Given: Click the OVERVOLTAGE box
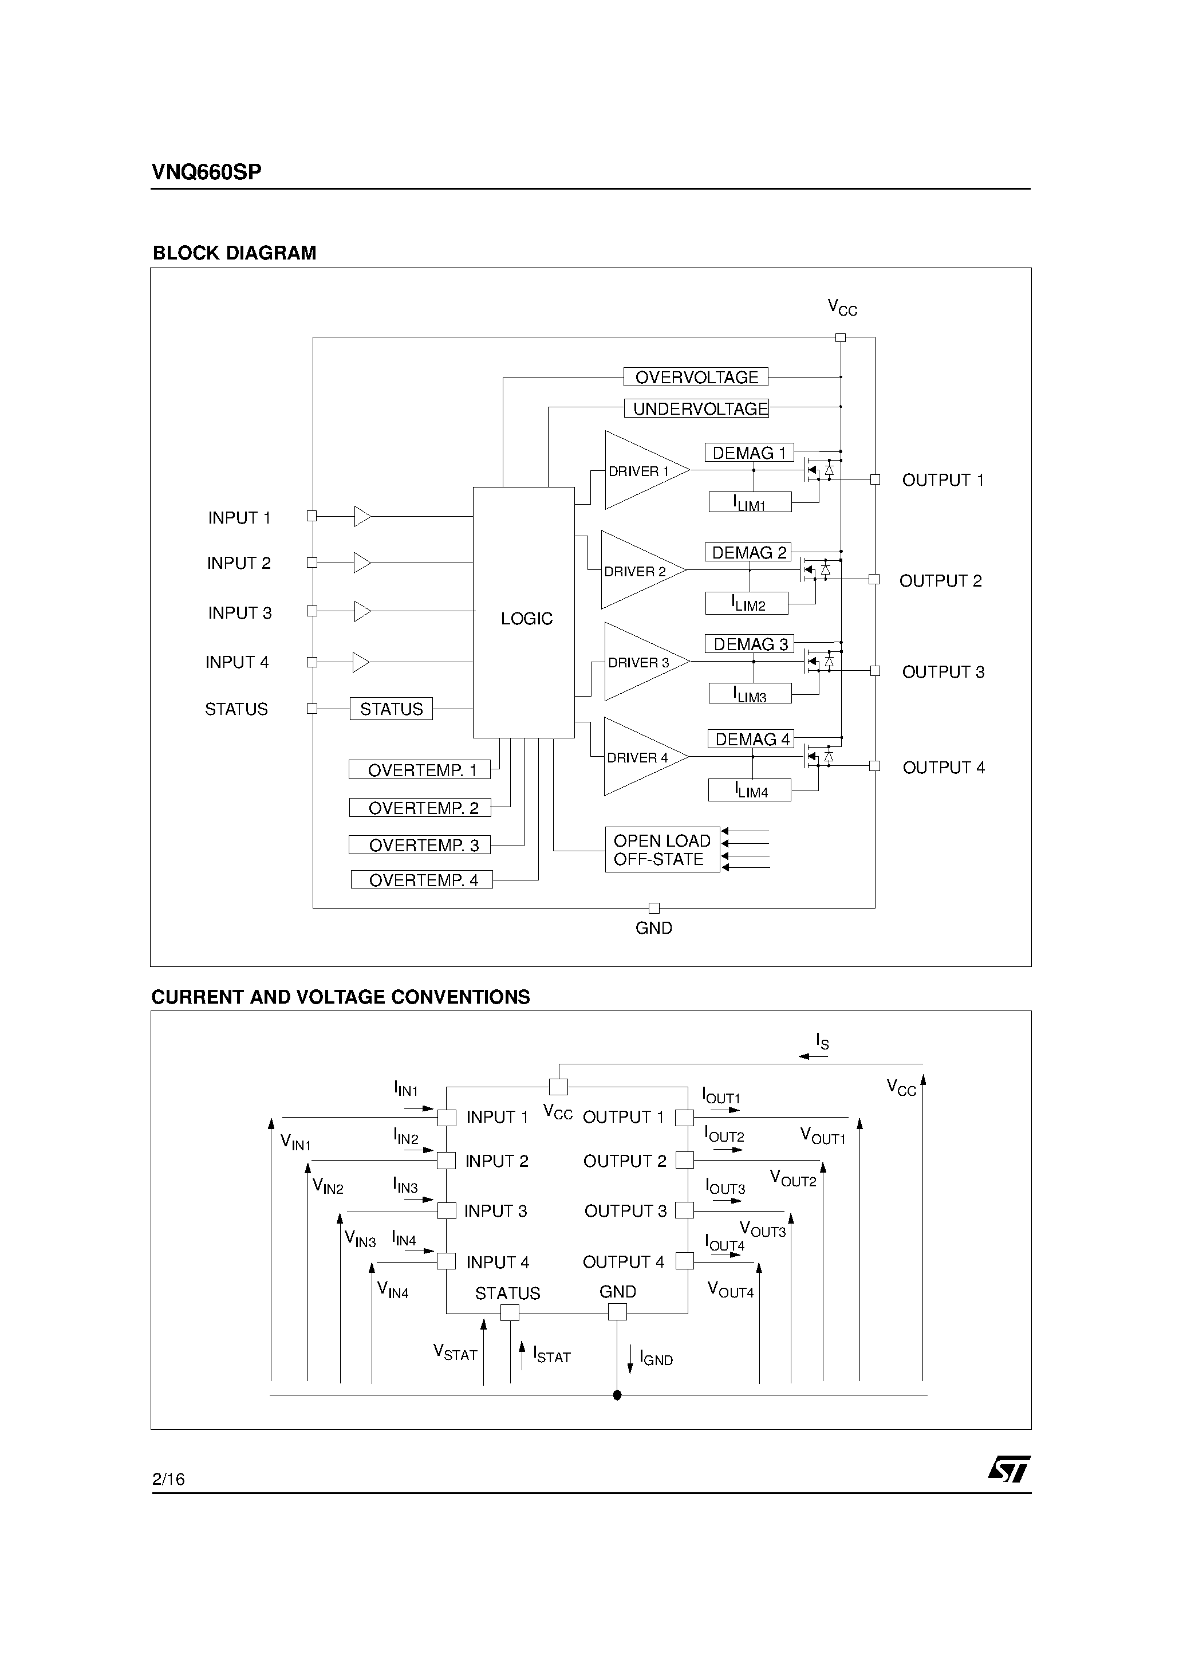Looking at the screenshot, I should (x=696, y=377).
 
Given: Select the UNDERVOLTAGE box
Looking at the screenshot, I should (x=696, y=408).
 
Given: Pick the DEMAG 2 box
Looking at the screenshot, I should (x=748, y=553).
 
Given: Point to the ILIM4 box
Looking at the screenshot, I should (x=749, y=791).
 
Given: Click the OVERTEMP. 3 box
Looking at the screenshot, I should (x=419, y=845).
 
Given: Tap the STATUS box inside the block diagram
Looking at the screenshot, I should (x=391, y=709).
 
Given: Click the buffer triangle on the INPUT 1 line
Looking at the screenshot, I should (x=362, y=517).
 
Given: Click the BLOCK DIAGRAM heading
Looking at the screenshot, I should (x=234, y=253).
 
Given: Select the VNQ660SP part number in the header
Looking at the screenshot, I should (x=206, y=172).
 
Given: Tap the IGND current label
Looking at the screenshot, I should (x=656, y=1358).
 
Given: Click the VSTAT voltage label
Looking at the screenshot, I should (x=455, y=1352).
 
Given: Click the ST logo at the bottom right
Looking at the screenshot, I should (x=1010, y=1469).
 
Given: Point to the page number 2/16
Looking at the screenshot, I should (x=168, y=1479).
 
